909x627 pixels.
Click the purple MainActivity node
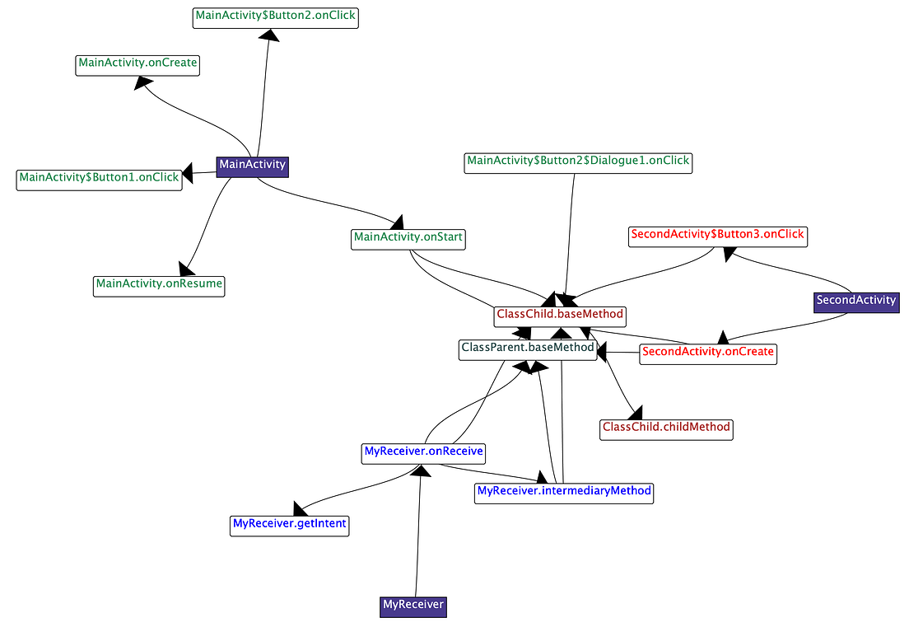tap(252, 165)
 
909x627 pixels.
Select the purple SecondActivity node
tap(856, 301)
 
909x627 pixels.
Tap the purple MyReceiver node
tap(413, 606)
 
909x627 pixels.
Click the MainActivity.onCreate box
tap(138, 64)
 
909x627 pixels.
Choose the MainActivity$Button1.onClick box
tap(99, 179)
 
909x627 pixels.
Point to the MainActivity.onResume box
tap(159, 285)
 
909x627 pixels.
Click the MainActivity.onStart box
tap(408, 239)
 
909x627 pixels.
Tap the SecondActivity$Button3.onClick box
tap(716, 236)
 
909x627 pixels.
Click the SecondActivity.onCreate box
tap(708, 353)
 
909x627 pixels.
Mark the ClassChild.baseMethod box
tap(560, 316)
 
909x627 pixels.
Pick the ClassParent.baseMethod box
tap(527, 349)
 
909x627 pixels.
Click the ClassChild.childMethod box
tap(666, 428)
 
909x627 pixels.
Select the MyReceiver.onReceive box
tap(423, 452)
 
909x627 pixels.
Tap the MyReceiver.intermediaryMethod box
tap(564, 492)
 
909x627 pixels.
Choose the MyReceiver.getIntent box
tap(290, 525)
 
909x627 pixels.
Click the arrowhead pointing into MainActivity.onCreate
tap(143, 82)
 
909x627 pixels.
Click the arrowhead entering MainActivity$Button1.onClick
tap(187, 173)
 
